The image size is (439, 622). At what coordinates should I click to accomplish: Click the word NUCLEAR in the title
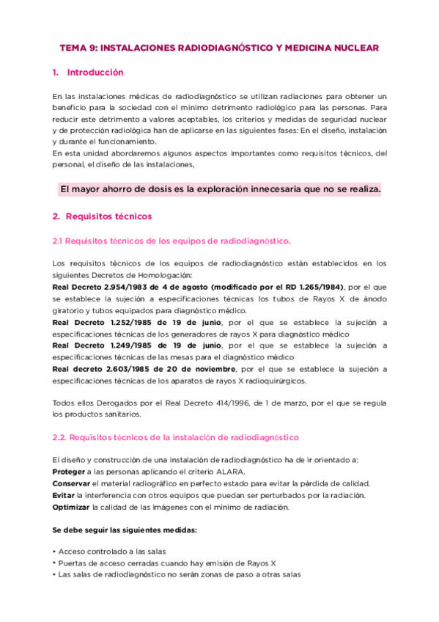(x=357, y=48)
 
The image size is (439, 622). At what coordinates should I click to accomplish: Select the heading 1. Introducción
(x=88, y=73)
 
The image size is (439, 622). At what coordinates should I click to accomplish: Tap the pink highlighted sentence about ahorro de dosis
(x=220, y=189)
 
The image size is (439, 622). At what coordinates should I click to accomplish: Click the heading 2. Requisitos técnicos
(x=102, y=216)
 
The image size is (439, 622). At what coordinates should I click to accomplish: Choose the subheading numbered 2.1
(x=171, y=241)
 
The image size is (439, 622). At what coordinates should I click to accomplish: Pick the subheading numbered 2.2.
(x=176, y=437)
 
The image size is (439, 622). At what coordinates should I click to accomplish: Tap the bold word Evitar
(x=63, y=495)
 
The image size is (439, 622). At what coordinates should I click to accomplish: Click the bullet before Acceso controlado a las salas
(x=54, y=552)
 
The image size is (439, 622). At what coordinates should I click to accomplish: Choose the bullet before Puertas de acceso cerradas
(x=54, y=563)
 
